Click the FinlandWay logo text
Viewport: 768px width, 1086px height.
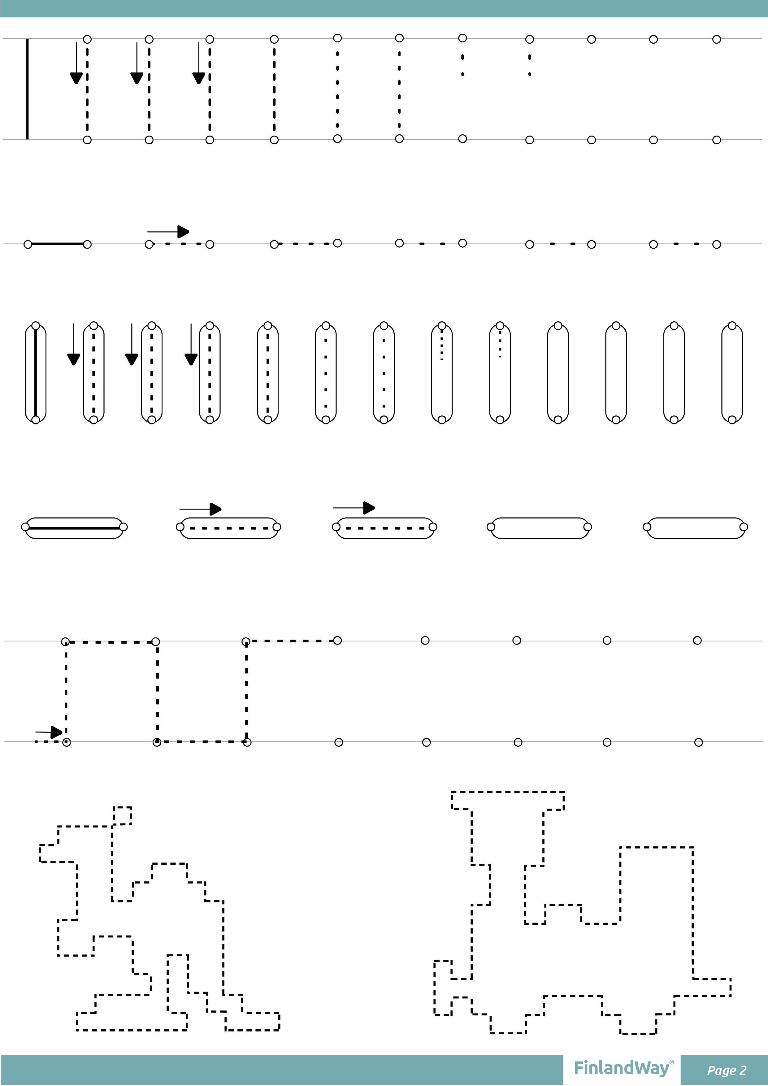coord(621,1068)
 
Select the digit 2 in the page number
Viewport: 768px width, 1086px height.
coord(743,1070)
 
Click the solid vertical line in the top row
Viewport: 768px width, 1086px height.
coord(28,89)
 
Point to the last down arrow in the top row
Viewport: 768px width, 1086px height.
coord(199,63)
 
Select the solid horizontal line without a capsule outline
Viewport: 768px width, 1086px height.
coord(58,244)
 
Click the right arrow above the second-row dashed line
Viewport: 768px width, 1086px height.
coord(168,232)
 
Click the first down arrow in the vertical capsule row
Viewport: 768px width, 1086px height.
coord(74,344)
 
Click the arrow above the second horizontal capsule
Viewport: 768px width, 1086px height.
coord(201,509)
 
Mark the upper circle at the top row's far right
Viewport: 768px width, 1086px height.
coord(716,39)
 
